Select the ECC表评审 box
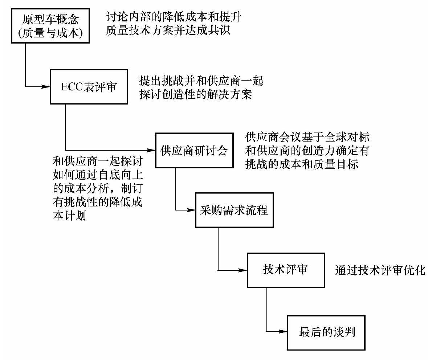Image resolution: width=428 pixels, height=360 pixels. tap(89, 87)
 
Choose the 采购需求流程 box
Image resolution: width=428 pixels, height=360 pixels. tap(234, 210)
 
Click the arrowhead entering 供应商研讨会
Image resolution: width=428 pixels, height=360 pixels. tap(152, 150)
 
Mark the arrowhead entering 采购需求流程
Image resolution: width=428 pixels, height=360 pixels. tap(192, 210)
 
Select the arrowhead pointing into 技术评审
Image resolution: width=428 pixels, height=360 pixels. tap(243, 270)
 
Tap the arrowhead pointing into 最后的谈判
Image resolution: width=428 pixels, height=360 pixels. tap(284, 332)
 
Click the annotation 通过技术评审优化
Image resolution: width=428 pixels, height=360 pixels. tap(380, 271)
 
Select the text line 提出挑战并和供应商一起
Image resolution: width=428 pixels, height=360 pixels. tap(201, 81)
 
